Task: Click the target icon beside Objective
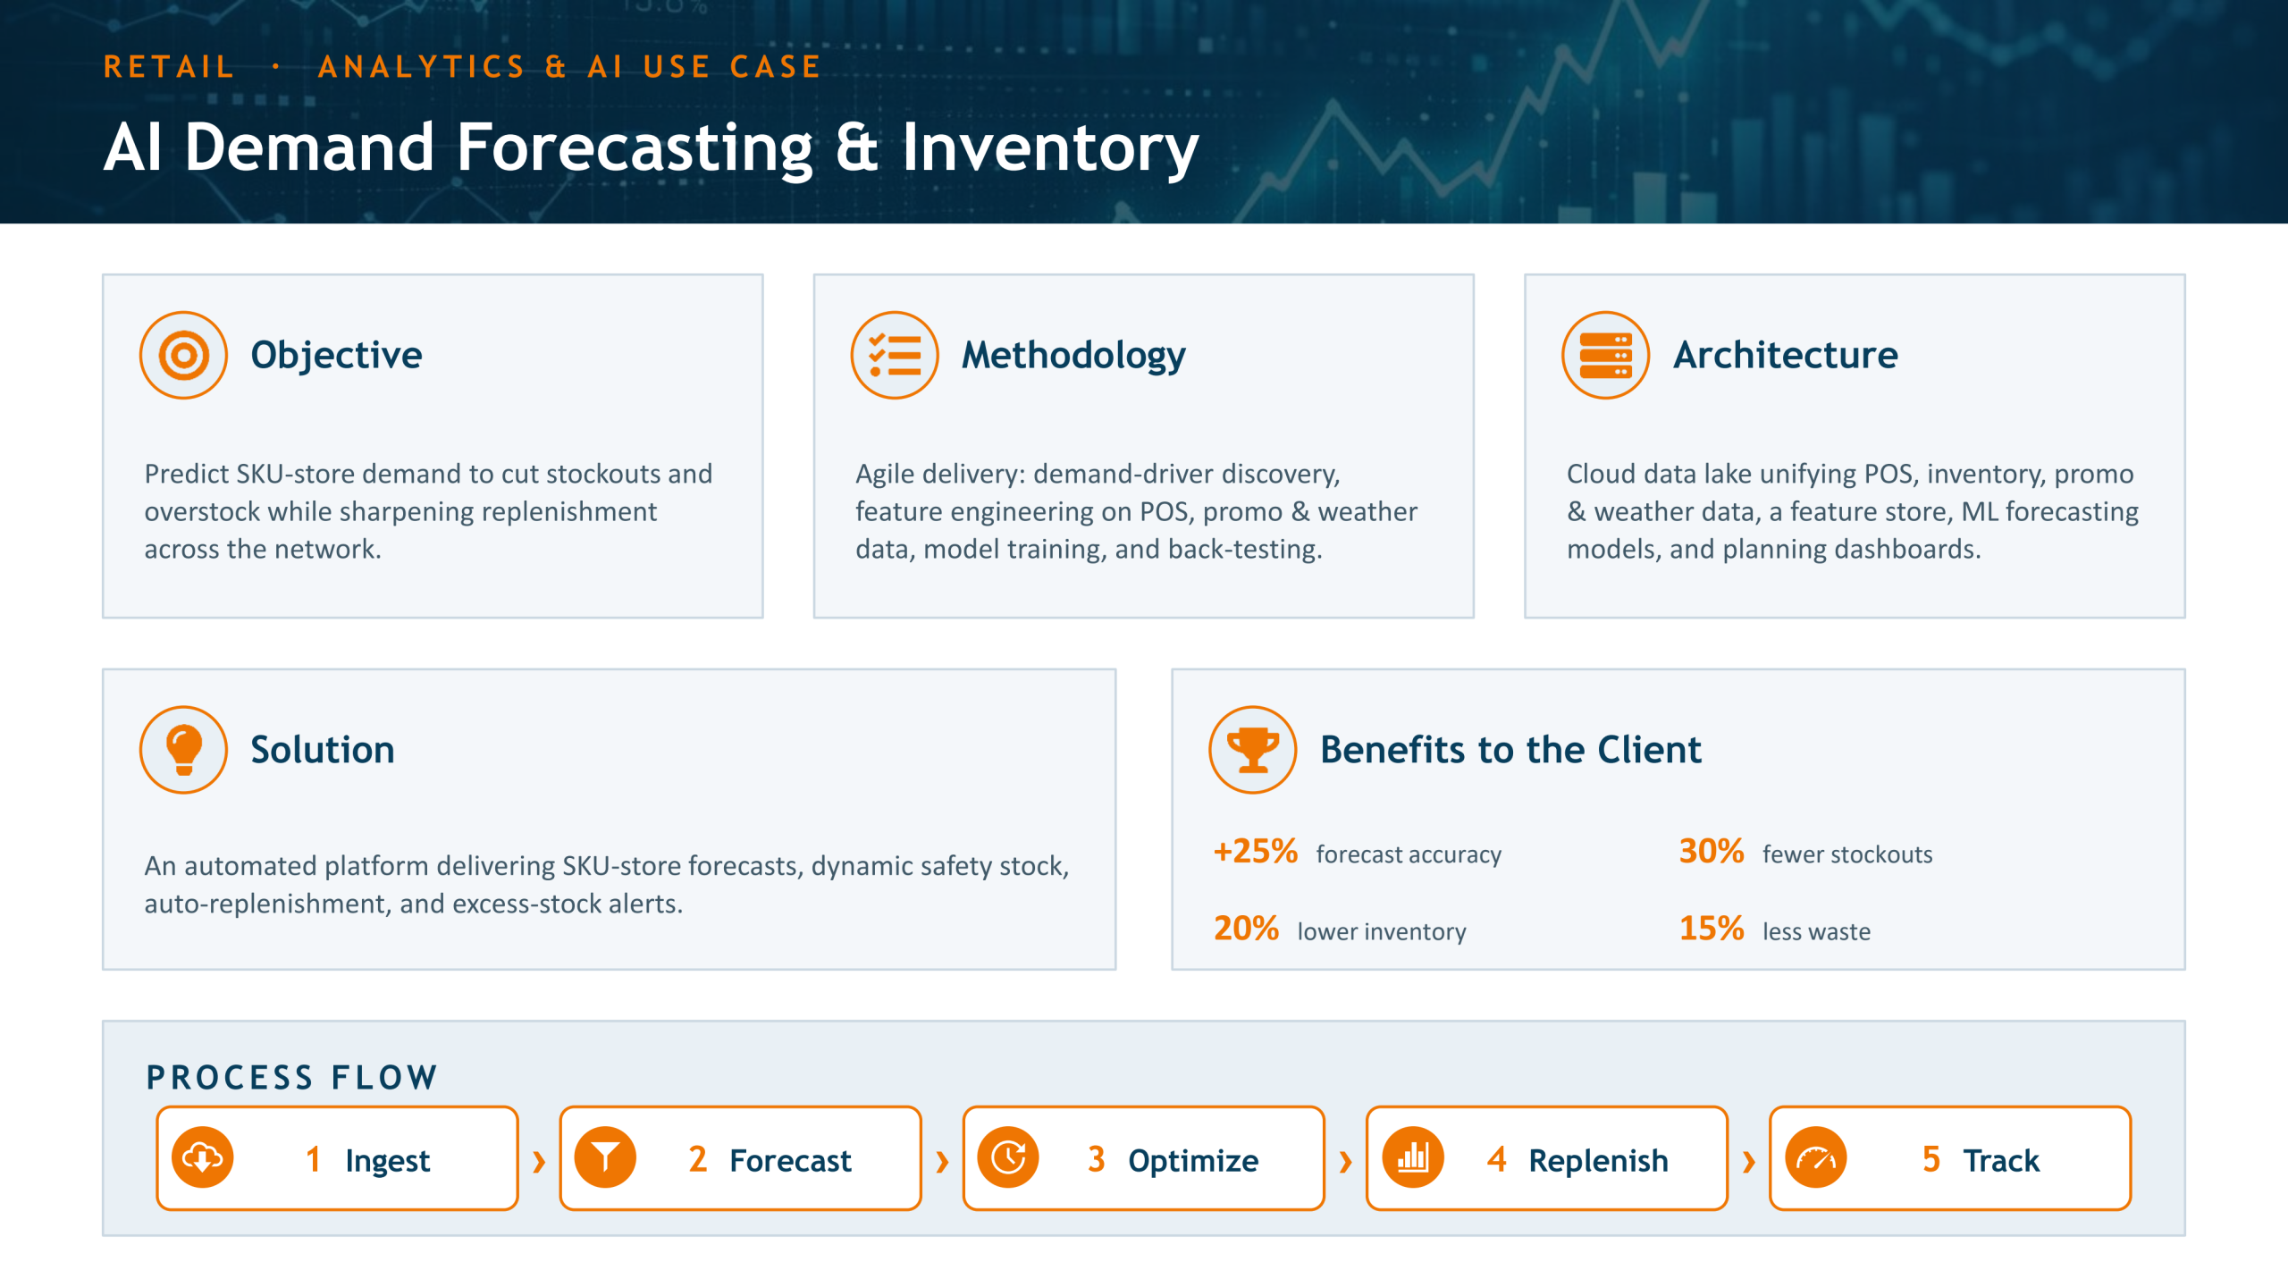click(183, 355)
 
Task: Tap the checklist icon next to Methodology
click(895, 355)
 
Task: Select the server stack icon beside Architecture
click(1605, 355)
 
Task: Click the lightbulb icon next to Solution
click(183, 750)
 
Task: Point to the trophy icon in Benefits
click(1253, 750)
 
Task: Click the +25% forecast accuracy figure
click(1256, 852)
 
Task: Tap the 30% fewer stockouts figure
click(1712, 852)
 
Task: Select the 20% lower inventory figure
click(1246, 929)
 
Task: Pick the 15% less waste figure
click(1712, 929)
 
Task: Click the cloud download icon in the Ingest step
click(203, 1158)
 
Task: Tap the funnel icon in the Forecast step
click(605, 1158)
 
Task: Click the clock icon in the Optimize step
click(1008, 1158)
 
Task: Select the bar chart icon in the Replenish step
click(1412, 1158)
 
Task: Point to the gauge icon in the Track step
click(1815, 1158)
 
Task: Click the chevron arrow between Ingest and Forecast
click(539, 1161)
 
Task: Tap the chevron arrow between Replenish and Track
click(1749, 1161)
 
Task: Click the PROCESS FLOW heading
click(291, 1077)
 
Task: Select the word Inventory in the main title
click(1050, 148)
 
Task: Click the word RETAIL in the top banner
click(169, 67)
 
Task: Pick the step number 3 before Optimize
click(1097, 1160)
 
